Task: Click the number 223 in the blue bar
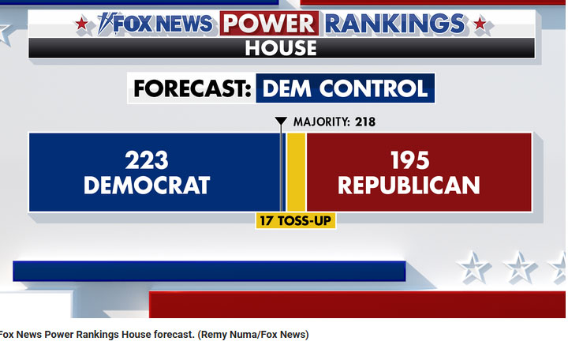tap(147, 160)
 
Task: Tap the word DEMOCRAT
tap(147, 186)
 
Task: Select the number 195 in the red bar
tap(410, 160)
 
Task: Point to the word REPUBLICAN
tap(409, 186)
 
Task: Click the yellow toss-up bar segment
tap(297, 172)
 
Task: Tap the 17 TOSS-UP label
tap(296, 220)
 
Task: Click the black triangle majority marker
tap(281, 121)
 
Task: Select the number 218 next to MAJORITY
tap(365, 122)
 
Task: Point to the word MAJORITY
tap(322, 122)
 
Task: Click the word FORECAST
tap(192, 88)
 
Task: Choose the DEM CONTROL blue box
tap(346, 88)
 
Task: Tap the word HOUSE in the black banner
tap(281, 48)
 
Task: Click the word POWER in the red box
tap(269, 23)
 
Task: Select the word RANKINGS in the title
tap(395, 24)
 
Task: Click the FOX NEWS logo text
tap(155, 24)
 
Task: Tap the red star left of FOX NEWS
tap(81, 24)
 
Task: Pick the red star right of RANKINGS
tap(480, 24)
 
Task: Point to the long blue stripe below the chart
tap(209, 271)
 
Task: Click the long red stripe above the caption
tap(357, 305)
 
